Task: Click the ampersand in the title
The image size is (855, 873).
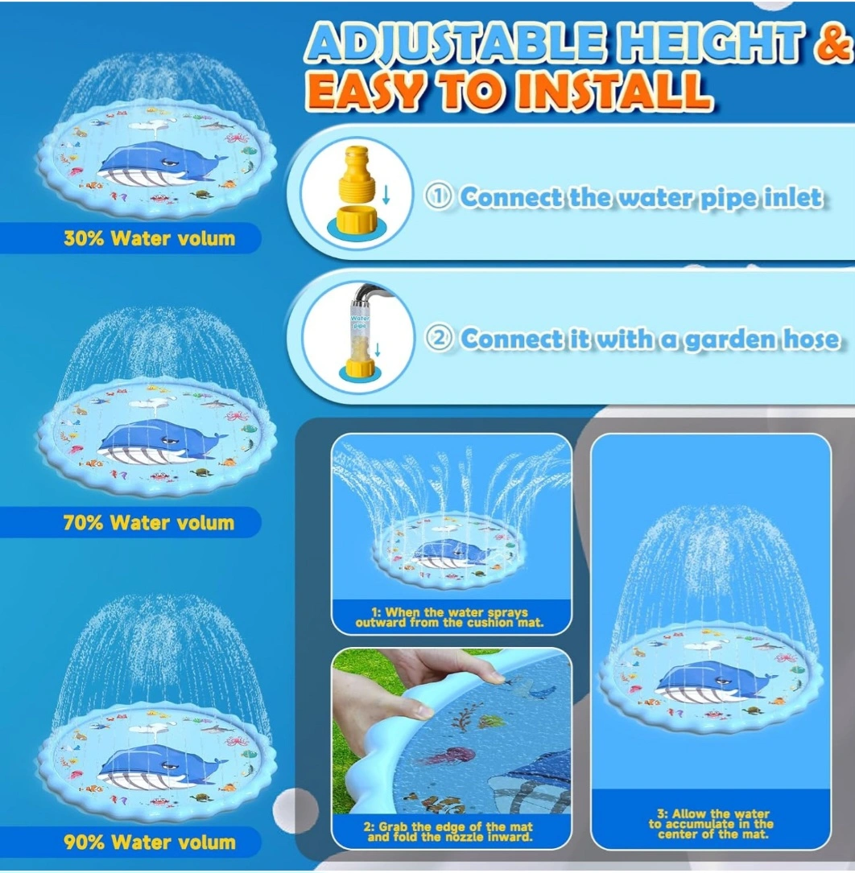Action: coord(834,43)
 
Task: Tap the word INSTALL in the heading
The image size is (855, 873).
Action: coord(613,90)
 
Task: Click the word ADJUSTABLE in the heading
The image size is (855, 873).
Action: coord(456,42)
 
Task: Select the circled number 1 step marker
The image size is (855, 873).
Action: coord(438,196)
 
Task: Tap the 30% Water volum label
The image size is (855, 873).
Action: coord(149,238)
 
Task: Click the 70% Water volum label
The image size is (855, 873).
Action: coord(149,522)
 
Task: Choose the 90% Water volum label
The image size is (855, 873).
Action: coord(149,842)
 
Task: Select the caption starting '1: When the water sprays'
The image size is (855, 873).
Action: coord(449,617)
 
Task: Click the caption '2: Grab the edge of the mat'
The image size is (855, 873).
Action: coord(449,832)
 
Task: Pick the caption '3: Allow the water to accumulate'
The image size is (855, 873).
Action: coord(712,824)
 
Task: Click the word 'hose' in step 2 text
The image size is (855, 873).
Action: coord(811,339)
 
